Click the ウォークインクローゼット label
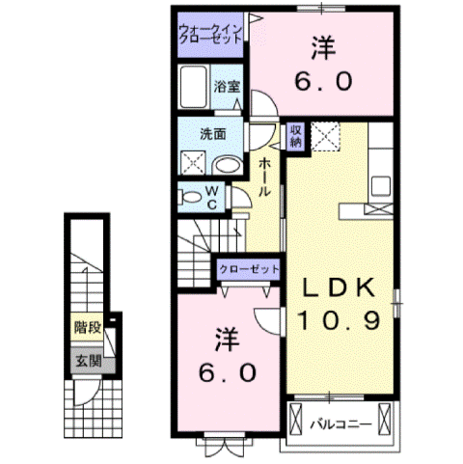coord(208,36)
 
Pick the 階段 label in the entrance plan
coord(87,328)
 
